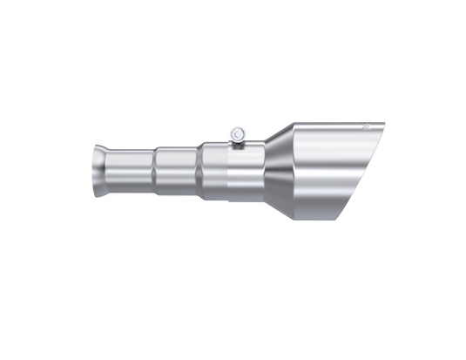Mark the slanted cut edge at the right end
point(361,174)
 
